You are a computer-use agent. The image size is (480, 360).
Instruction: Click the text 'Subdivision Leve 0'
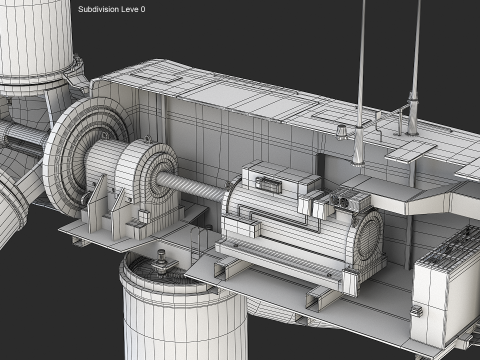click(x=111, y=9)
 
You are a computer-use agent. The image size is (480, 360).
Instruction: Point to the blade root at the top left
click(x=35, y=50)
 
